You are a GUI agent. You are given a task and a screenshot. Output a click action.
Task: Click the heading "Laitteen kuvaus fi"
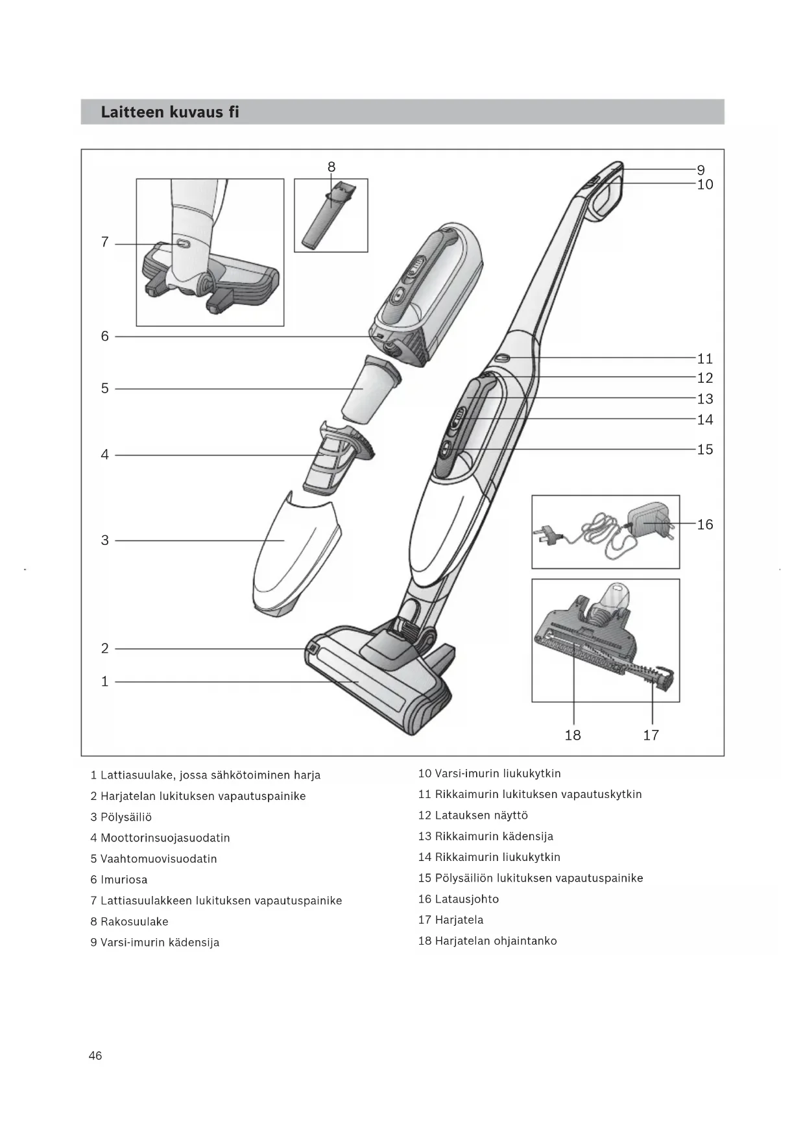pyautogui.click(x=170, y=112)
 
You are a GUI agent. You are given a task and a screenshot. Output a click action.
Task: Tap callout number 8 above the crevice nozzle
pyautogui.click(x=331, y=167)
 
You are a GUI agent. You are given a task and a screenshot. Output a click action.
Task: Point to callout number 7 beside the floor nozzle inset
pyautogui.click(x=104, y=243)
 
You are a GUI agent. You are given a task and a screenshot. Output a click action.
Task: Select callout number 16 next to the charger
pyautogui.click(x=705, y=524)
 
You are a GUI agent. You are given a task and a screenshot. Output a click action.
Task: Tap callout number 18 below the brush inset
pyautogui.click(x=573, y=735)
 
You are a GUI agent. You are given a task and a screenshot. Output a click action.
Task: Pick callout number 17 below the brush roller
pyautogui.click(x=651, y=735)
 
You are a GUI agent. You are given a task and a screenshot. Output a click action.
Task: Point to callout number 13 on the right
pyautogui.click(x=705, y=399)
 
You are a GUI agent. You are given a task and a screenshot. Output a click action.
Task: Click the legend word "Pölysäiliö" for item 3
pyautogui.click(x=126, y=817)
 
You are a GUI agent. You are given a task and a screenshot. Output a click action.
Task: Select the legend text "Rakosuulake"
pyautogui.click(x=134, y=921)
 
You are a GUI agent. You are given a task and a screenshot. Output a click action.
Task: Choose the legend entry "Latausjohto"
pyautogui.click(x=466, y=899)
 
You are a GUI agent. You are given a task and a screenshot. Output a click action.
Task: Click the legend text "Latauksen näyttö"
pyautogui.click(x=481, y=816)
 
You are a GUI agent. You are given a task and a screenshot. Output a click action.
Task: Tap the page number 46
pyautogui.click(x=95, y=1056)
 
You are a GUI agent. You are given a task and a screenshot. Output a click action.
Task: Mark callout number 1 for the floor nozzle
pyautogui.click(x=104, y=682)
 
